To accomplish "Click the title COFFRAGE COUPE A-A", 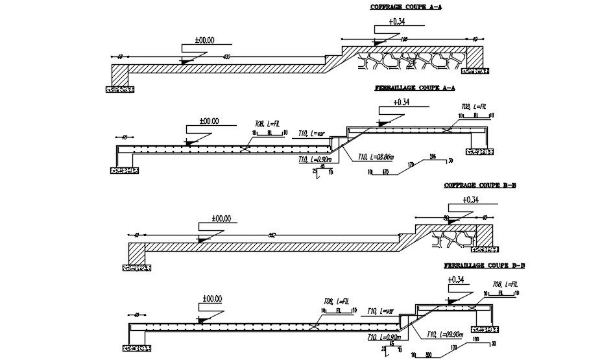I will [401, 8].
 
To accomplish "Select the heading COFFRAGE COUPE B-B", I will [479, 186].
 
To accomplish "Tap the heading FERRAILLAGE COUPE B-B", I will [485, 266].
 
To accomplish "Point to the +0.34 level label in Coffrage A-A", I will [398, 21].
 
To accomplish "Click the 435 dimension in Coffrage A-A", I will [226, 58].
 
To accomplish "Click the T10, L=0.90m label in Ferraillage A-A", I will [315, 160].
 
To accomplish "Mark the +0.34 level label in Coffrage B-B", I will [472, 200].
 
